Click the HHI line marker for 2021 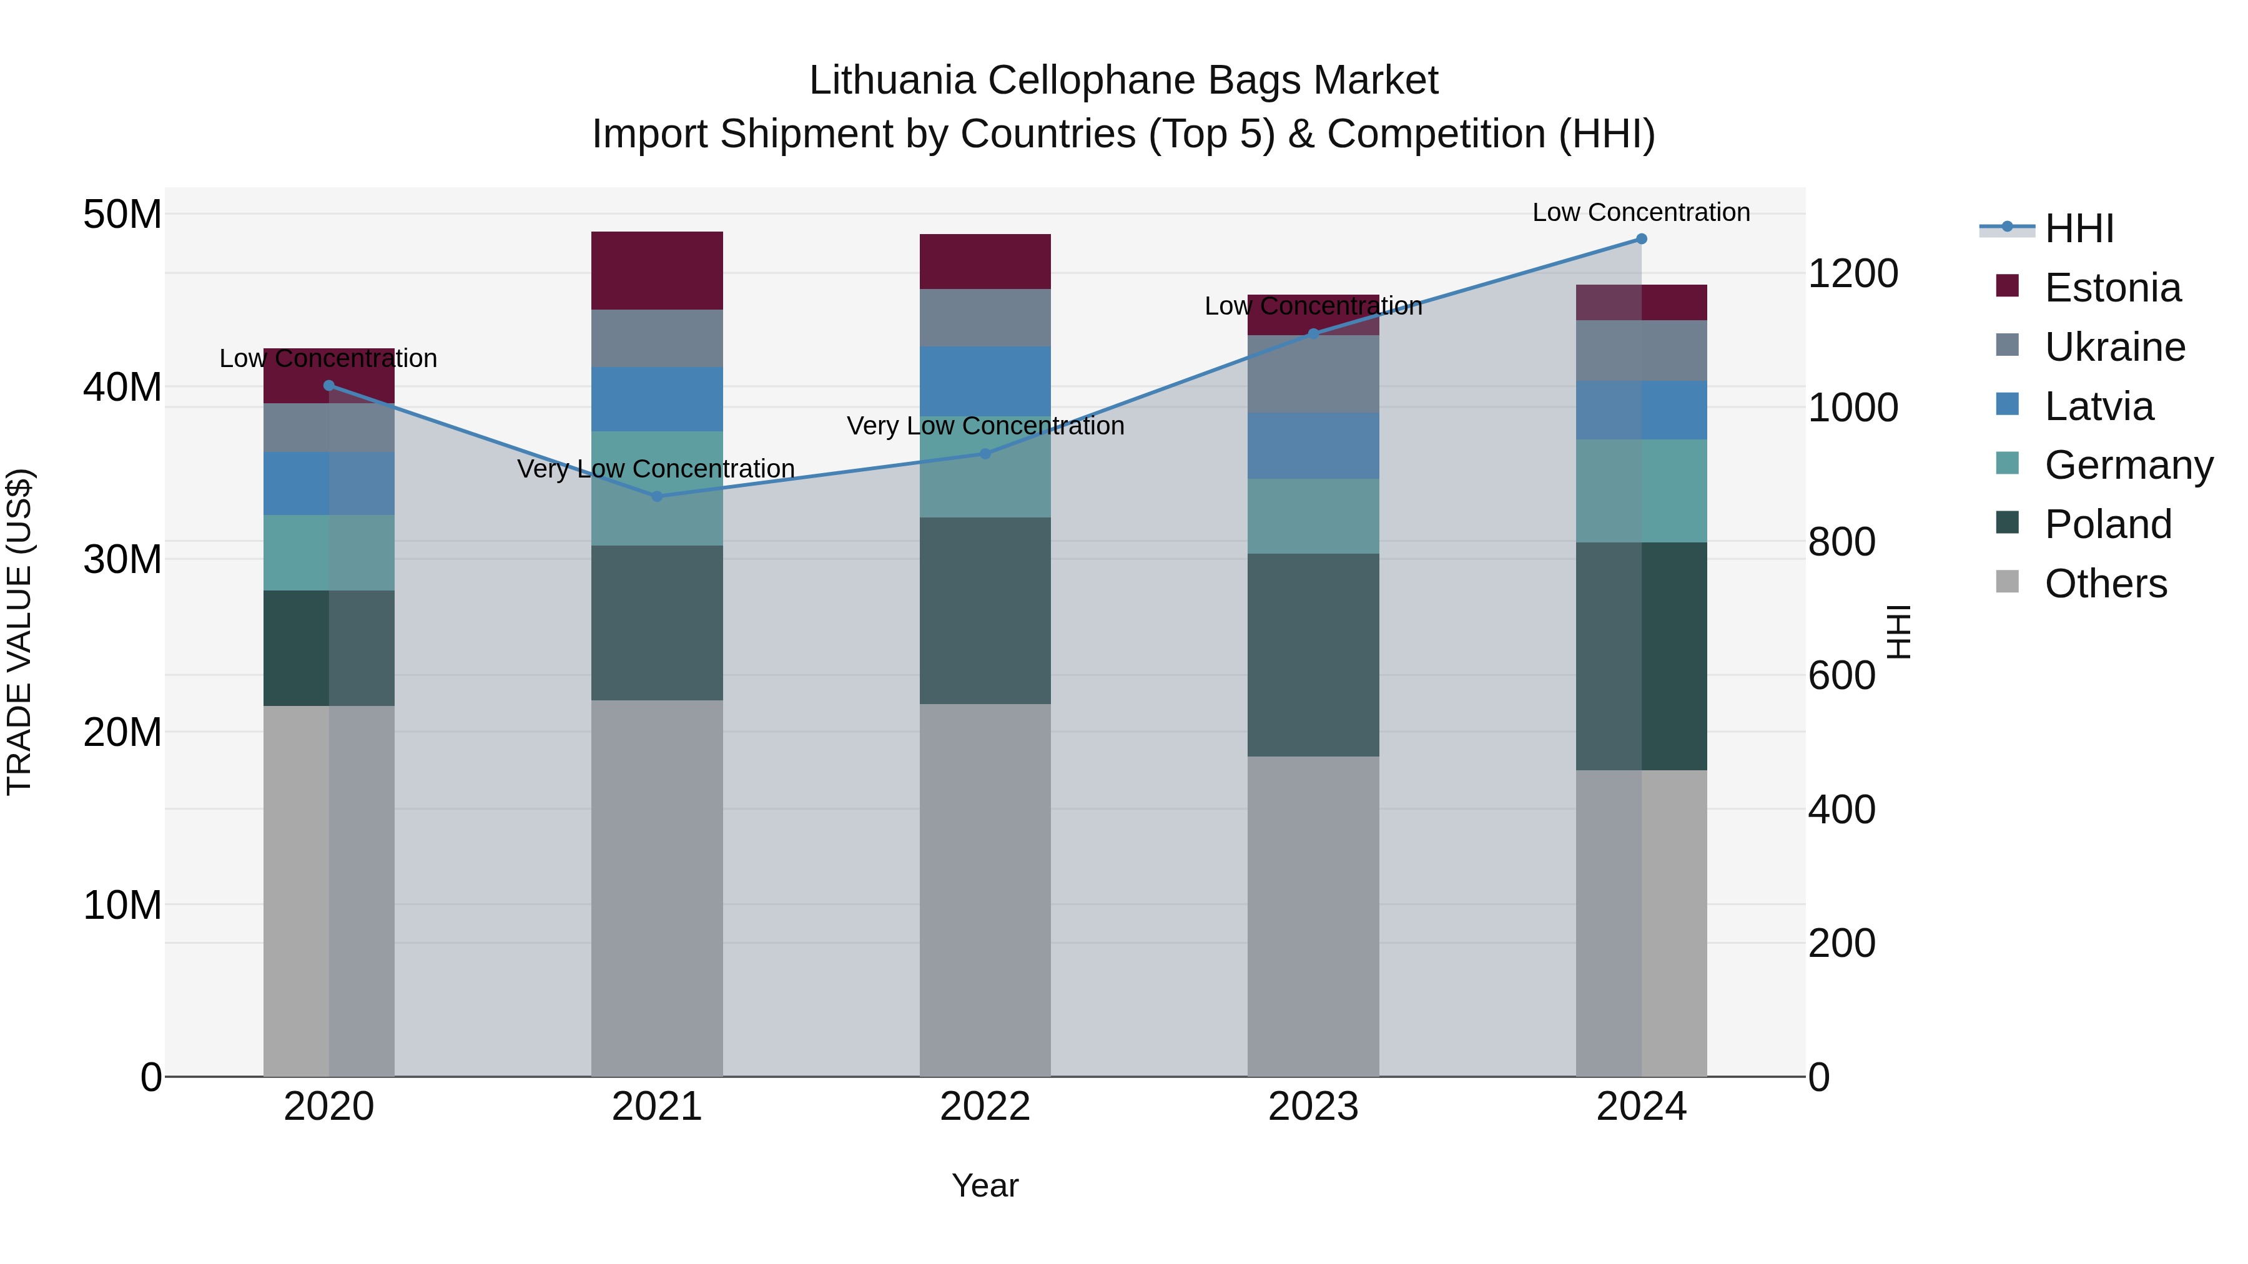657,496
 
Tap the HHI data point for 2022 985,454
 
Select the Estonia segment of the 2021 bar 657,270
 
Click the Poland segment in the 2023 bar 1313,654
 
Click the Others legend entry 2105,584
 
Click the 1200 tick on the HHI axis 1853,274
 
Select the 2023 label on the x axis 1313,1107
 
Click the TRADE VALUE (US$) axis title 19,632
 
